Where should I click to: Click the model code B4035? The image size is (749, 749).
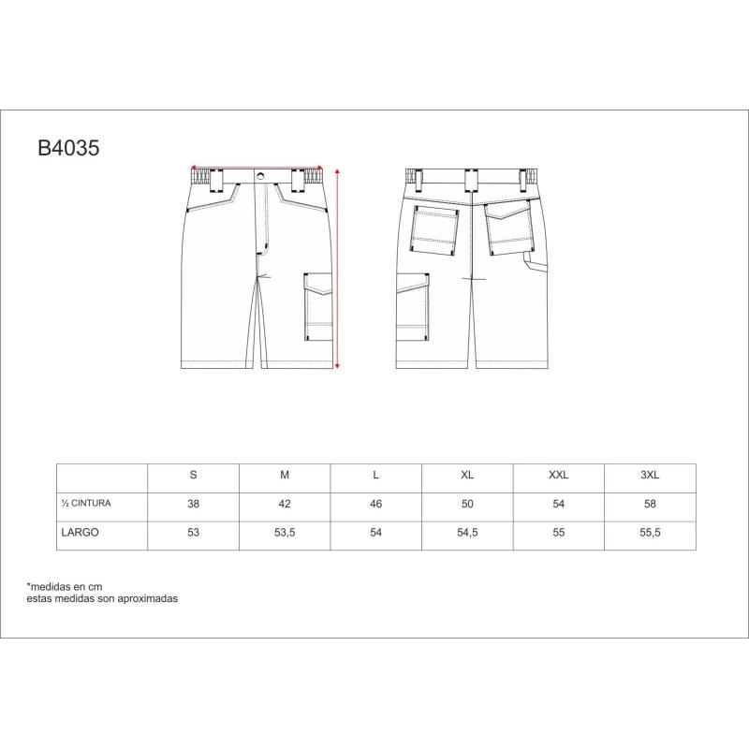click(68, 148)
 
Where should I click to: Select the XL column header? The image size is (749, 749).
click(467, 475)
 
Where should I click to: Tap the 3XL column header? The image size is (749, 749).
click(650, 475)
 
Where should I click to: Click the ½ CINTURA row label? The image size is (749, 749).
click(86, 503)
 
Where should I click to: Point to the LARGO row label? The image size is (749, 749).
click(80, 532)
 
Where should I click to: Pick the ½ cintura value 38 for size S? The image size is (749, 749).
click(193, 504)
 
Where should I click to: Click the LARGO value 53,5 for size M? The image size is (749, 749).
click(285, 533)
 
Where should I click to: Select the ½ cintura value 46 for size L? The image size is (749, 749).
click(376, 504)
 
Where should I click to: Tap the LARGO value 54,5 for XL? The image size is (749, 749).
click(467, 533)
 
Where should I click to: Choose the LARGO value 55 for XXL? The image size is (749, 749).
click(558, 532)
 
